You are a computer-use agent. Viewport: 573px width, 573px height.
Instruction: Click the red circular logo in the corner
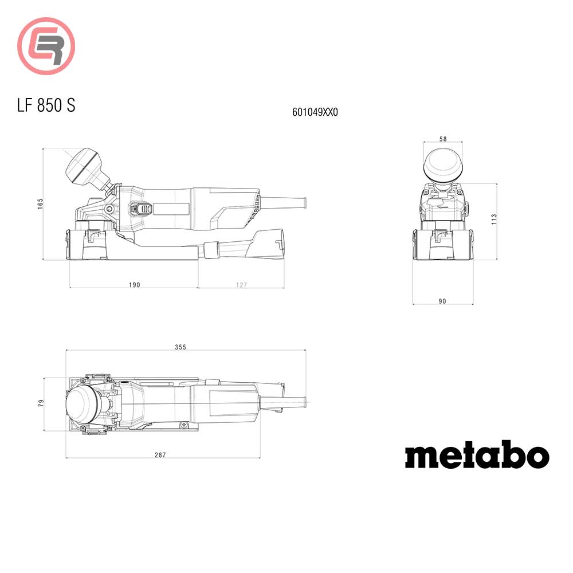point(46,46)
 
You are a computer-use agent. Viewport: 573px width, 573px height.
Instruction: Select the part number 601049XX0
point(315,113)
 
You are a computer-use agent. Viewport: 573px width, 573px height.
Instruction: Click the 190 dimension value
point(134,285)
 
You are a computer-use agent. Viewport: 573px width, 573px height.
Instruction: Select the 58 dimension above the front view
point(442,139)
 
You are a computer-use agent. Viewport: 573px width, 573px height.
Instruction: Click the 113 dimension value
point(494,219)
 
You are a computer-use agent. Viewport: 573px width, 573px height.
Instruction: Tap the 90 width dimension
point(442,301)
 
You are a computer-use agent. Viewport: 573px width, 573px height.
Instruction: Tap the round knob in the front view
point(442,164)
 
